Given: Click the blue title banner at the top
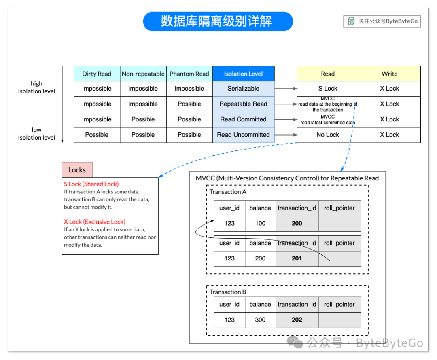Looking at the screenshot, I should (218, 21).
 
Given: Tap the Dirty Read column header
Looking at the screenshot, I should (97, 74).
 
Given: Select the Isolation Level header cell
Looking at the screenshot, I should (243, 74).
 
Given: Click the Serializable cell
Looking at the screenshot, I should (243, 89).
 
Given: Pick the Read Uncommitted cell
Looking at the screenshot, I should (243, 135).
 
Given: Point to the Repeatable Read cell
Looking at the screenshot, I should (243, 104).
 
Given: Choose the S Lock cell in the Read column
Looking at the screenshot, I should (328, 89).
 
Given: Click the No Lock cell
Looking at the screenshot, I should (328, 135).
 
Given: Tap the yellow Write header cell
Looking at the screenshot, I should (389, 74).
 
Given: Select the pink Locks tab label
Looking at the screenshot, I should (77, 170).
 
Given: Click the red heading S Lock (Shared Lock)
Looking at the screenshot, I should (91, 184).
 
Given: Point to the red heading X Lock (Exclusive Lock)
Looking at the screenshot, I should (95, 222).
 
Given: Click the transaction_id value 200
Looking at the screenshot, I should (297, 223).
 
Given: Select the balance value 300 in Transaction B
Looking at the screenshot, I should (260, 320).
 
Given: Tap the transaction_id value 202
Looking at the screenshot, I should (297, 320).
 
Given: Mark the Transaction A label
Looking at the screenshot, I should (228, 192).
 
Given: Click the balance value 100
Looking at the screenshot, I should (260, 223).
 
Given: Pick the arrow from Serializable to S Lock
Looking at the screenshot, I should (286, 89).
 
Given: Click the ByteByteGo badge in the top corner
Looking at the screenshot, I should (382, 21).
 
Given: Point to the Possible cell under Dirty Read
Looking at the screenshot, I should (97, 135).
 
